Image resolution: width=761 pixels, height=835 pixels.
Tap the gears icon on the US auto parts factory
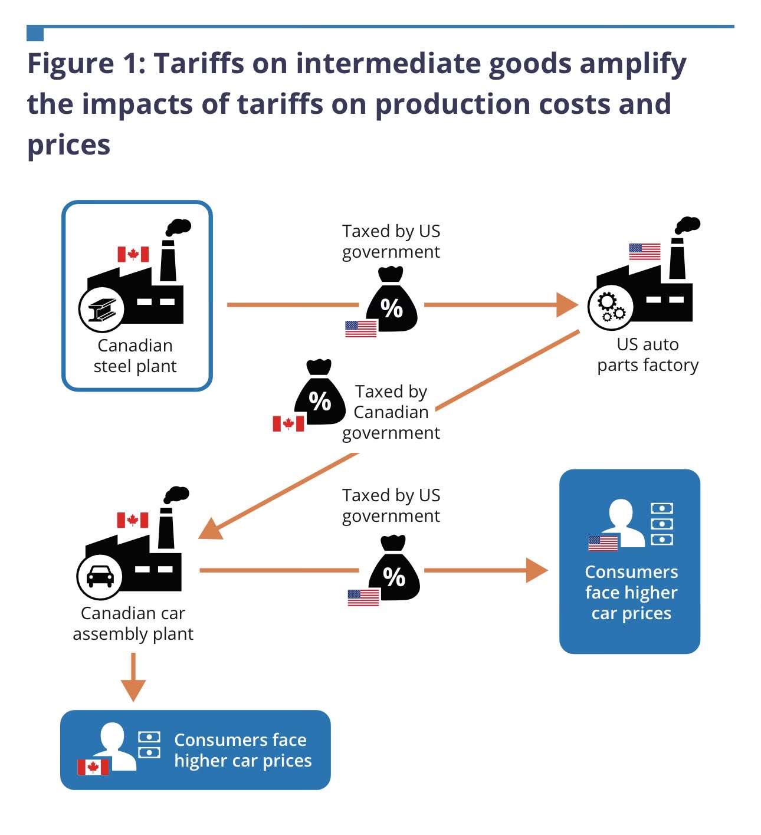pyautogui.click(x=611, y=307)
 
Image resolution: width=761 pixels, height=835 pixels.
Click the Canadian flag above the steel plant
pyautogui.click(x=133, y=254)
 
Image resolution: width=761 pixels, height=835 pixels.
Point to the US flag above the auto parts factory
pyautogui.click(x=644, y=251)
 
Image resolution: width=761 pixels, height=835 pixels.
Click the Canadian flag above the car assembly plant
pyautogui.click(x=132, y=520)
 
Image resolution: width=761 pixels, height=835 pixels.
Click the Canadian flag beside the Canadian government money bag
pyautogui.click(x=288, y=423)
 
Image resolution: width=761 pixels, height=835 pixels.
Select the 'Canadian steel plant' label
pyautogui.click(x=135, y=356)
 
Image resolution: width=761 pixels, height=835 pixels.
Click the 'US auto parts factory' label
pyautogui.click(x=648, y=354)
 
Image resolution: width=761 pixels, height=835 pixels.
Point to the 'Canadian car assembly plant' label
pyautogui.click(x=133, y=623)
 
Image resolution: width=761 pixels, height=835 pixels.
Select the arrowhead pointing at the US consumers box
pyautogui.click(x=536, y=570)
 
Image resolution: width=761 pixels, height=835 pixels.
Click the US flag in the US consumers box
pyautogui.click(x=603, y=544)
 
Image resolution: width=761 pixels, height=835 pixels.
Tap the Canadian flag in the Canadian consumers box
pyautogui.click(x=93, y=767)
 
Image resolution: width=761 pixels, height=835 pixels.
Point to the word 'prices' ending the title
pyautogui.click(x=68, y=144)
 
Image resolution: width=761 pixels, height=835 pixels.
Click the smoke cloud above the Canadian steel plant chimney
pyautogui.click(x=178, y=227)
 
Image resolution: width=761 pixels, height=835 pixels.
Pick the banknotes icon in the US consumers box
pyautogui.click(x=661, y=524)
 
